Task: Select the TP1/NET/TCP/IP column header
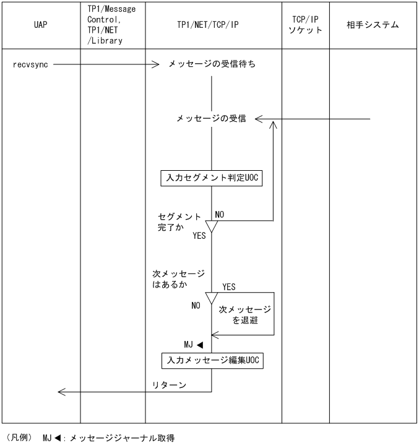tap(212, 26)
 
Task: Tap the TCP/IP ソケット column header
tap(305, 25)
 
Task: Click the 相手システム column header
tap(373, 25)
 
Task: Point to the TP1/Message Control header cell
tap(113, 25)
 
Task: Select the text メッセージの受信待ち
tap(213, 64)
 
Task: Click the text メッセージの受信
tap(211, 119)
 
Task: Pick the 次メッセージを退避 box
tap(244, 314)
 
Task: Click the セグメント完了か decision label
tap(179, 222)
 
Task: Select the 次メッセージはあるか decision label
tap(178, 279)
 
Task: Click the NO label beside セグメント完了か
tap(220, 214)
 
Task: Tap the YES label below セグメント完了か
tap(199, 236)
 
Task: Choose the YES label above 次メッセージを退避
tap(228, 287)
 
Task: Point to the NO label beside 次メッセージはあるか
tap(196, 305)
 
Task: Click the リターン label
tap(170, 385)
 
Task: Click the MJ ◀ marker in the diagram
tap(194, 344)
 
